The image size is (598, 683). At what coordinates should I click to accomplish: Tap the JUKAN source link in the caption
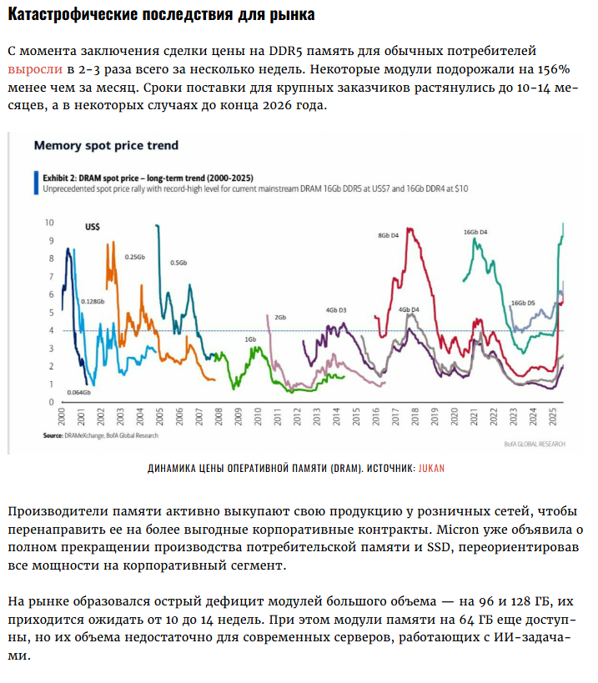pyautogui.click(x=431, y=468)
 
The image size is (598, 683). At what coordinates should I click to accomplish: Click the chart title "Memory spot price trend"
pyautogui.click(x=106, y=145)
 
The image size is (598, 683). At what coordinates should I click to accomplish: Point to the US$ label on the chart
pyautogui.click(x=93, y=226)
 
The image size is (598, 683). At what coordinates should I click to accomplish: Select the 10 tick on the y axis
pyautogui.click(x=49, y=223)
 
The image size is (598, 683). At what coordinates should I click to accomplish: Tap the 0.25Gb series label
pyautogui.click(x=135, y=257)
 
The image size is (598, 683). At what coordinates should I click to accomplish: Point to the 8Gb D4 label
pyautogui.click(x=389, y=235)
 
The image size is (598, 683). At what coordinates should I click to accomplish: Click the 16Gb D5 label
pyautogui.click(x=522, y=303)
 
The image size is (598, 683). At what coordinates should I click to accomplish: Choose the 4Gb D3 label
pyautogui.click(x=336, y=310)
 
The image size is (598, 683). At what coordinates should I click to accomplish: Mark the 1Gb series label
pyautogui.click(x=250, y=340)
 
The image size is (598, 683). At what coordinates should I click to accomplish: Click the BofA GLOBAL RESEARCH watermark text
pyautogui.click(x=534, y=444)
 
